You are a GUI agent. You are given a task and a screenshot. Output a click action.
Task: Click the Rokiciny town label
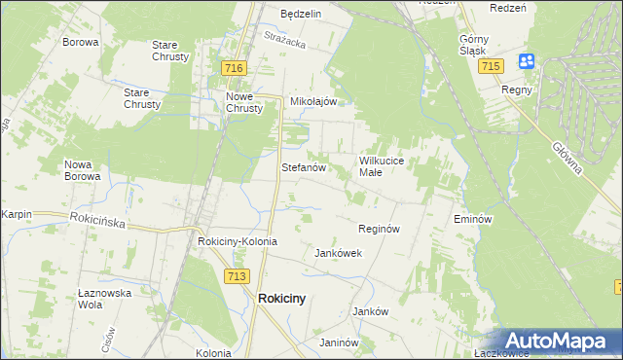coord(281,300)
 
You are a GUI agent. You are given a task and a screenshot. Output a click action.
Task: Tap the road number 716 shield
coord(233,68)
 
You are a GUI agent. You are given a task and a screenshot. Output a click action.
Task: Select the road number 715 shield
coord(491,65)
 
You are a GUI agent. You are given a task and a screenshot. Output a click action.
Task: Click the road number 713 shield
coord(235,277)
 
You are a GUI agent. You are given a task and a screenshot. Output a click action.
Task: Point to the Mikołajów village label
coord(313,101)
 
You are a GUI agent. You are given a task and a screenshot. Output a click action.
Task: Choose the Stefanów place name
coord(302,167)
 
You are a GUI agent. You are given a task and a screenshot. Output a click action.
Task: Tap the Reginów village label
coord(380,229)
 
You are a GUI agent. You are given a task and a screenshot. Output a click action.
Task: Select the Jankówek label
coord(338,253)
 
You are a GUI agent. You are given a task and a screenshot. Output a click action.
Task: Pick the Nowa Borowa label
coord(83,170)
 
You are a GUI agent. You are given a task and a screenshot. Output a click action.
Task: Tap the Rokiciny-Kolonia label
coord(238,241)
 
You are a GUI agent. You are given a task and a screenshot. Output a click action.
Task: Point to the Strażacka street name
coord(284,40)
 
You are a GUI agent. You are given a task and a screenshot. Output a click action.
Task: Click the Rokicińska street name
coord(97,221)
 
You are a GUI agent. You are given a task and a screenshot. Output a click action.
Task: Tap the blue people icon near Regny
coord(527,61)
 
